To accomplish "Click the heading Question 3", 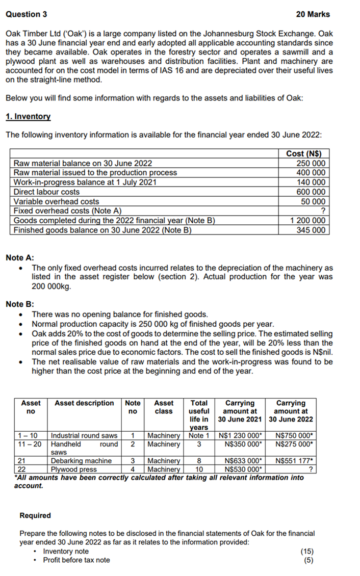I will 26,14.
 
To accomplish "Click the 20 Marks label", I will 312,14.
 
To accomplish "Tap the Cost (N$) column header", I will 304,153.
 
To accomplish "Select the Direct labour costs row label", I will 46,192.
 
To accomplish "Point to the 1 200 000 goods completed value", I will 307,221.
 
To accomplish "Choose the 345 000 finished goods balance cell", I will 311,230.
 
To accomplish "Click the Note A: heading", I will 20,258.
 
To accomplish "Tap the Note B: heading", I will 20,304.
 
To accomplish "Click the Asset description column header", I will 84,403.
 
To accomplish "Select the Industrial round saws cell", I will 84,435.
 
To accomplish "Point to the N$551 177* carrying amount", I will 293,461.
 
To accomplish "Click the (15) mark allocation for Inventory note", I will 307,552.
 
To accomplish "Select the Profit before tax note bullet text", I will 76,560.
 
